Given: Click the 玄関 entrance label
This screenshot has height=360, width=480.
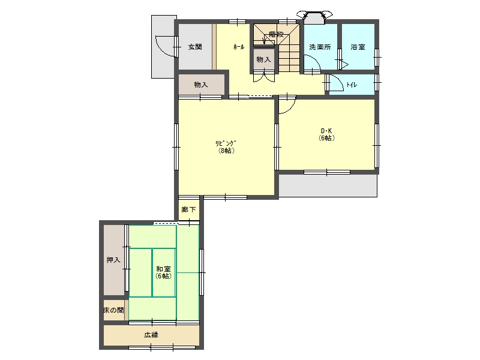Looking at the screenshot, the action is pos(195,47).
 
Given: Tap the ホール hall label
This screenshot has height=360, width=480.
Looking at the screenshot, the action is pos(239,47).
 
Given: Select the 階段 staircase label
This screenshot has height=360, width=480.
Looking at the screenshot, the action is pos(276,34).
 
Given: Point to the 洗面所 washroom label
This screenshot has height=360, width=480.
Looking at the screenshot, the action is pos(320,47).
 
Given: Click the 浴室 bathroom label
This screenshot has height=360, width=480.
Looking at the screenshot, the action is pos(358,47).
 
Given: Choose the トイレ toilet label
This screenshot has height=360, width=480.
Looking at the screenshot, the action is pos(352,85).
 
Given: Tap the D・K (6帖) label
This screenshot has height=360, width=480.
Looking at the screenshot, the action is pos(326,134).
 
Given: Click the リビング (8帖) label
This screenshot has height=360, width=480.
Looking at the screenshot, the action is pos(226,147).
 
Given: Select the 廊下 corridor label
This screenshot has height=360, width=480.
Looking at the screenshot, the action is pos(188,209).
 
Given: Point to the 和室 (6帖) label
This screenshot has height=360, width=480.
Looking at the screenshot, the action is pos(163,272).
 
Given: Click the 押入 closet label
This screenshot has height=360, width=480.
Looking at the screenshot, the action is pos(113,260).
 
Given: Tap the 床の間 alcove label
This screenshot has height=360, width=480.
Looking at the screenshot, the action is pos(113,310).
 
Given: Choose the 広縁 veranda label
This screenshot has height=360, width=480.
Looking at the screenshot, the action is pos(151,335).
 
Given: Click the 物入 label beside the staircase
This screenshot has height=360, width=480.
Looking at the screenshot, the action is pos(263,59).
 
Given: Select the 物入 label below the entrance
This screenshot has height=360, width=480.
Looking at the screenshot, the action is pos(201,85).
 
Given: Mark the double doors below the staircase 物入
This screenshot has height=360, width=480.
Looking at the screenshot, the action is pos(264,77).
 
